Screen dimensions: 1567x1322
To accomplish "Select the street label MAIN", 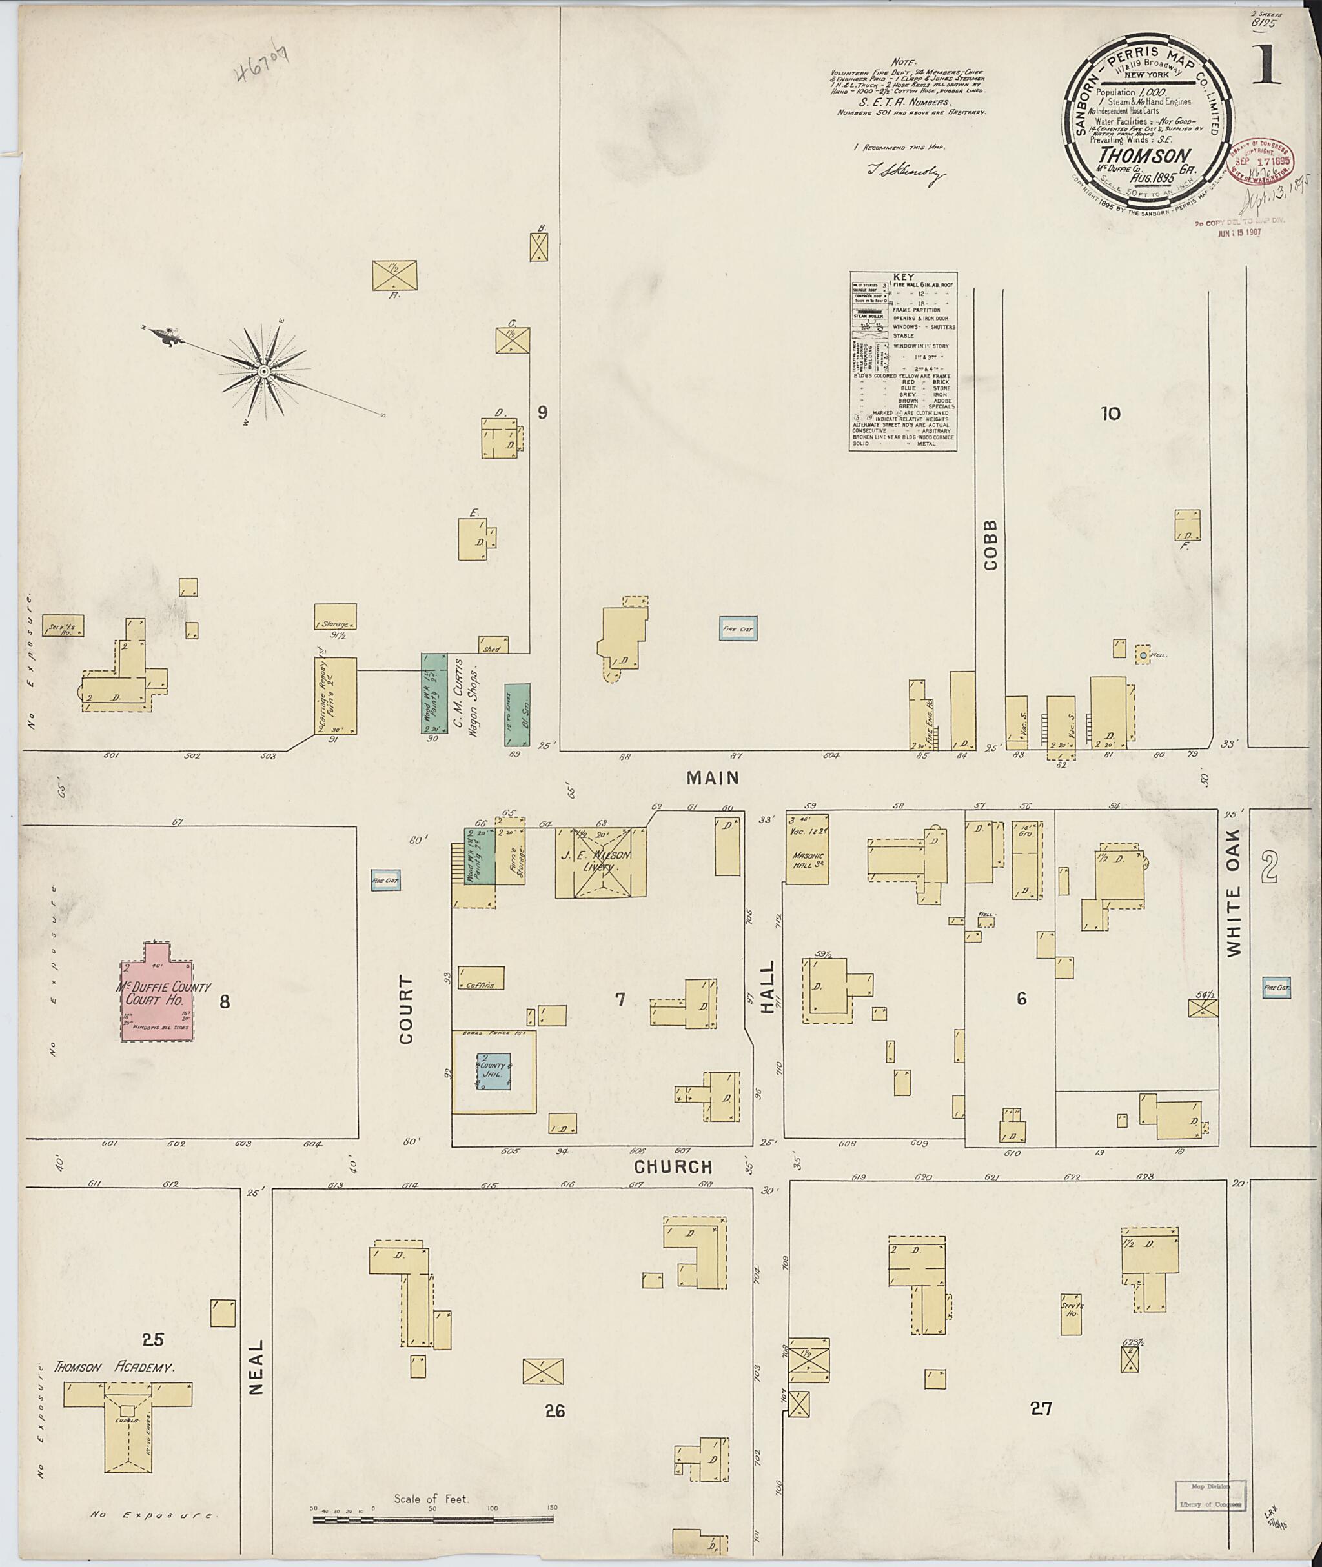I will (713, 778).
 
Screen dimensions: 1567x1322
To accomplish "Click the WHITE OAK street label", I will (1234, 892).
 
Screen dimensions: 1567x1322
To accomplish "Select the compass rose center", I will (264, 372).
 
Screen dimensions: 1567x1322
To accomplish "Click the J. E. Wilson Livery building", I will (600, 861).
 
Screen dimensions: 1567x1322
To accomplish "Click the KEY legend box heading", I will (902, 276).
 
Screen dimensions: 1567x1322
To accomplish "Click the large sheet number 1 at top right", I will (1266, 66).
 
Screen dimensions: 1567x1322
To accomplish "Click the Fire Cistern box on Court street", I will (385, 880).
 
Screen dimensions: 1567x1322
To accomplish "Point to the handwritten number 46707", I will (261, 66).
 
